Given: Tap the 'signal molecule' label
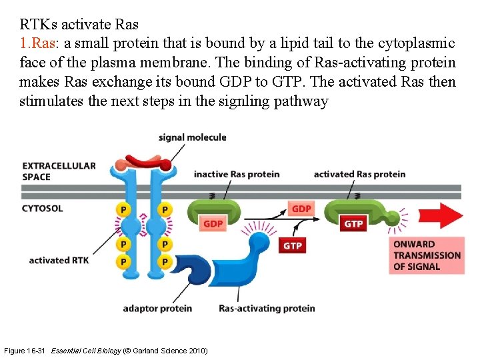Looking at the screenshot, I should coord(192,138).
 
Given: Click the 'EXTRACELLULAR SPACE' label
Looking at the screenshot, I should coord(59,171).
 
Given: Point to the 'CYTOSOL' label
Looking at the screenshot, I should coord(43,208).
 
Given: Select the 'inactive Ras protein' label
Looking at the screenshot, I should coord(237,174).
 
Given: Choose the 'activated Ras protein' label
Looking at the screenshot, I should coord(359,174).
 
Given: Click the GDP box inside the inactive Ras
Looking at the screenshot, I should coord(213,223).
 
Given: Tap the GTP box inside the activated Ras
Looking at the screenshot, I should coord(353,223).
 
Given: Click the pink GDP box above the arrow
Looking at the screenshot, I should coord(301,209).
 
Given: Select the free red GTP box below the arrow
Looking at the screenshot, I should coord(292,245).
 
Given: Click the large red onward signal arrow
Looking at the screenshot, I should coord(440,216).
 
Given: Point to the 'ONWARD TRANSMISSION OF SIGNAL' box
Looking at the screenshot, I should coord(427,255).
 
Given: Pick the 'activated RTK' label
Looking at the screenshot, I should coord(59,260).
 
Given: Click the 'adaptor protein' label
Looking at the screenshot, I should coord(157,308).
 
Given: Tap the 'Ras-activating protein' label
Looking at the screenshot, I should coord(267,308).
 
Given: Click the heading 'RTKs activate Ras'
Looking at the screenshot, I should coord(79,25).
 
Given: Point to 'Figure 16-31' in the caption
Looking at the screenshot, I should coord(25,351).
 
